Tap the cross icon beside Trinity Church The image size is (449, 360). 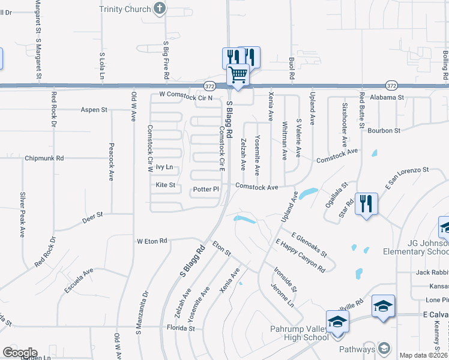tap(159, 8)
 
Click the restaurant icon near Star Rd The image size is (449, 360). tap(366, 203)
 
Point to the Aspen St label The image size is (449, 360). tap(94, 110)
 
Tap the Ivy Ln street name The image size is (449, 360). tap(164, 167)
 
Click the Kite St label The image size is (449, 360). tap(165, 185)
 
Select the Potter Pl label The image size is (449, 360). tap(206, 190)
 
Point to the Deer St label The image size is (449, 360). tap(92, 214)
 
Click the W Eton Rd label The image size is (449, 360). tap(151, 241)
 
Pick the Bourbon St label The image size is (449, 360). tap(384, 130)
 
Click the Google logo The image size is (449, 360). tap(20, 352)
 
